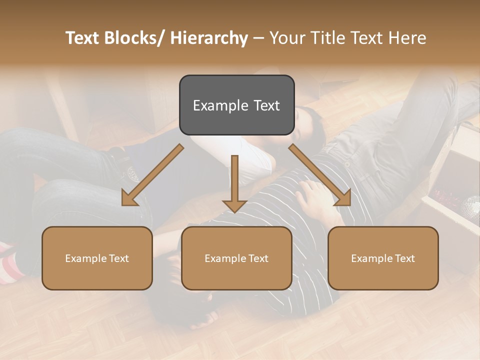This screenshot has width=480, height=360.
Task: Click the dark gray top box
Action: (x=236, y=105)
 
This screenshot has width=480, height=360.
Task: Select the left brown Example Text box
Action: (x=97, y=258)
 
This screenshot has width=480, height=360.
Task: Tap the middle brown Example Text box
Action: (x=236, y=258)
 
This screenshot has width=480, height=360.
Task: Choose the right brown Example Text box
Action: (x=383, y=258)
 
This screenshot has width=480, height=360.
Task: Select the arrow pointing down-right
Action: (x=321, y=176)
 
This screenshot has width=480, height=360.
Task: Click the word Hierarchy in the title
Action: (x=209, y=38)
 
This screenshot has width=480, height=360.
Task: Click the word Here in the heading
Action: (x=407, y=38)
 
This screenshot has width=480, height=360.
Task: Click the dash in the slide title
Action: (x=258, y=38)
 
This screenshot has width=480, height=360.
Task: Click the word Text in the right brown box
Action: (x=404, y=258)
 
